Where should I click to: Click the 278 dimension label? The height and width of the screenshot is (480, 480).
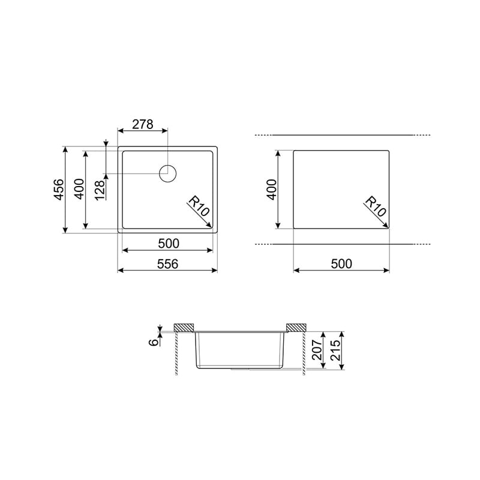coord(143,124)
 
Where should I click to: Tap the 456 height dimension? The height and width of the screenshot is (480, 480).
coord(59,190)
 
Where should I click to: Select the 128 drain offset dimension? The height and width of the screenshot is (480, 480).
coord(100,190)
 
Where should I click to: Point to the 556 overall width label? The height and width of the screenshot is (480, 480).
coord(167,264)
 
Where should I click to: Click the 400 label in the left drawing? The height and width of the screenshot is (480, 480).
coord(79,189)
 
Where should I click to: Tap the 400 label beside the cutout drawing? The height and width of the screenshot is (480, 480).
coord(272,190)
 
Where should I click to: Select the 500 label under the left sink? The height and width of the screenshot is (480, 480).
coord(169,244)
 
